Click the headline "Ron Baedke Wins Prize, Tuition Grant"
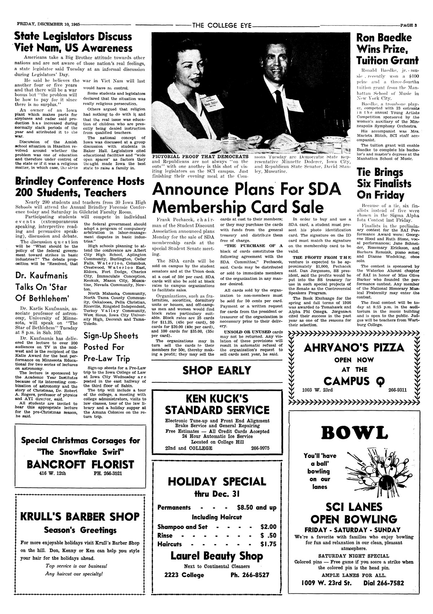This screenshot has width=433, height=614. [387, 49]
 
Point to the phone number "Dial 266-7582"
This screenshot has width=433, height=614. [384, 583]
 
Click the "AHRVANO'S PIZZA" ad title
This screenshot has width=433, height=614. [354, 348]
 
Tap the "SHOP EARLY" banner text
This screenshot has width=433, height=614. [216, 371]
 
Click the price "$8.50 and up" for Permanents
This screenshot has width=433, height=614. [257, 507]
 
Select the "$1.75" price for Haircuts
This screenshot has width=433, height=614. [268, 544]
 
